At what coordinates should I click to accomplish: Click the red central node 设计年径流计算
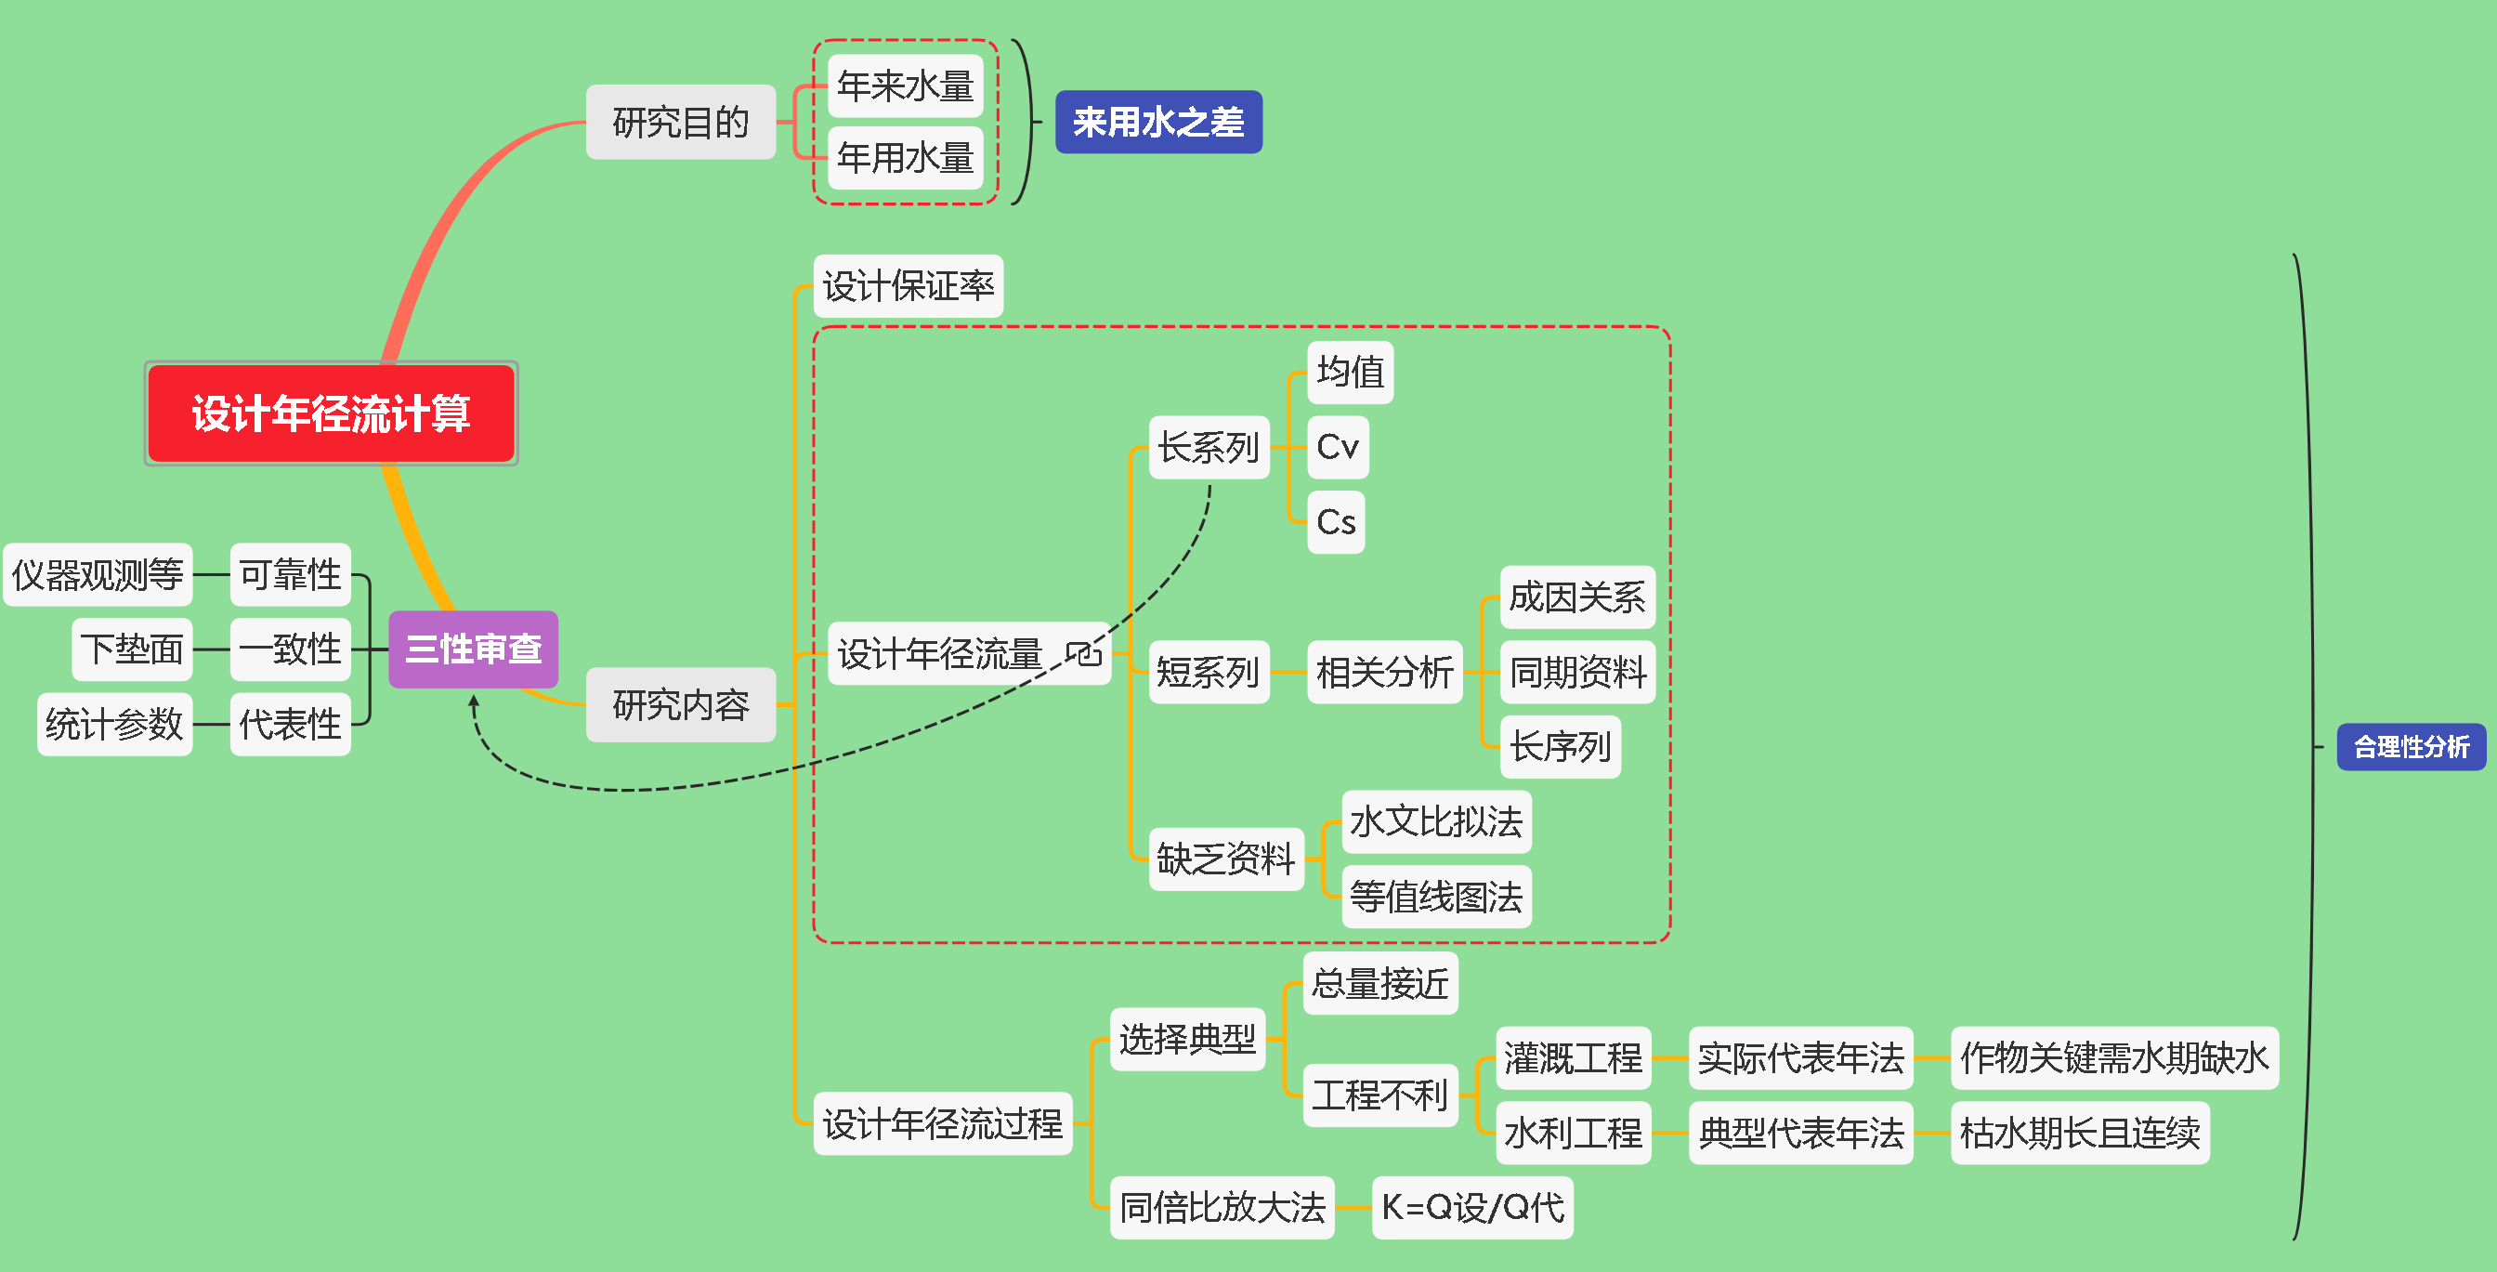point(331,413)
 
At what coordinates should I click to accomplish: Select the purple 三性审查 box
point(473,649)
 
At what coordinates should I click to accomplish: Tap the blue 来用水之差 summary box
point(1157,122)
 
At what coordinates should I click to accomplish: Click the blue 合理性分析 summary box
point(2411,746)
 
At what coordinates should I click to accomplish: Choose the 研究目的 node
point(681,122)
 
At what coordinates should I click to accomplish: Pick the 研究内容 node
point(681,705)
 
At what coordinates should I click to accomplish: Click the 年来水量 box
point(905,86)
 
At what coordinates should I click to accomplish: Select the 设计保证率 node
point(909,286)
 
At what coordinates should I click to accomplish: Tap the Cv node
point(1338,447)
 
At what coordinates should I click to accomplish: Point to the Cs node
point(1336,522)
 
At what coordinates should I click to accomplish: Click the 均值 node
point(1350,373)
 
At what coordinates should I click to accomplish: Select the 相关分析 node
point(1384,672)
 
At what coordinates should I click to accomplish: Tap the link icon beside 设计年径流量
point(1084,653)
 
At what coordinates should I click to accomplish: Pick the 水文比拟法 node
point(1435,822)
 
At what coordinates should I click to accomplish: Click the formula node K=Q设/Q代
point(1472,1208)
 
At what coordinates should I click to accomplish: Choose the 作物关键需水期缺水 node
point(2113,1057)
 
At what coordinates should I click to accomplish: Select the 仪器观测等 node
point(98,575)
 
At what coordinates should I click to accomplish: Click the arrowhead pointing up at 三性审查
point(473,700)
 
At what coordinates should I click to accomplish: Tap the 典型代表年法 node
point(1800,1133)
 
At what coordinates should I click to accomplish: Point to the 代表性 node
point(290,724)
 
